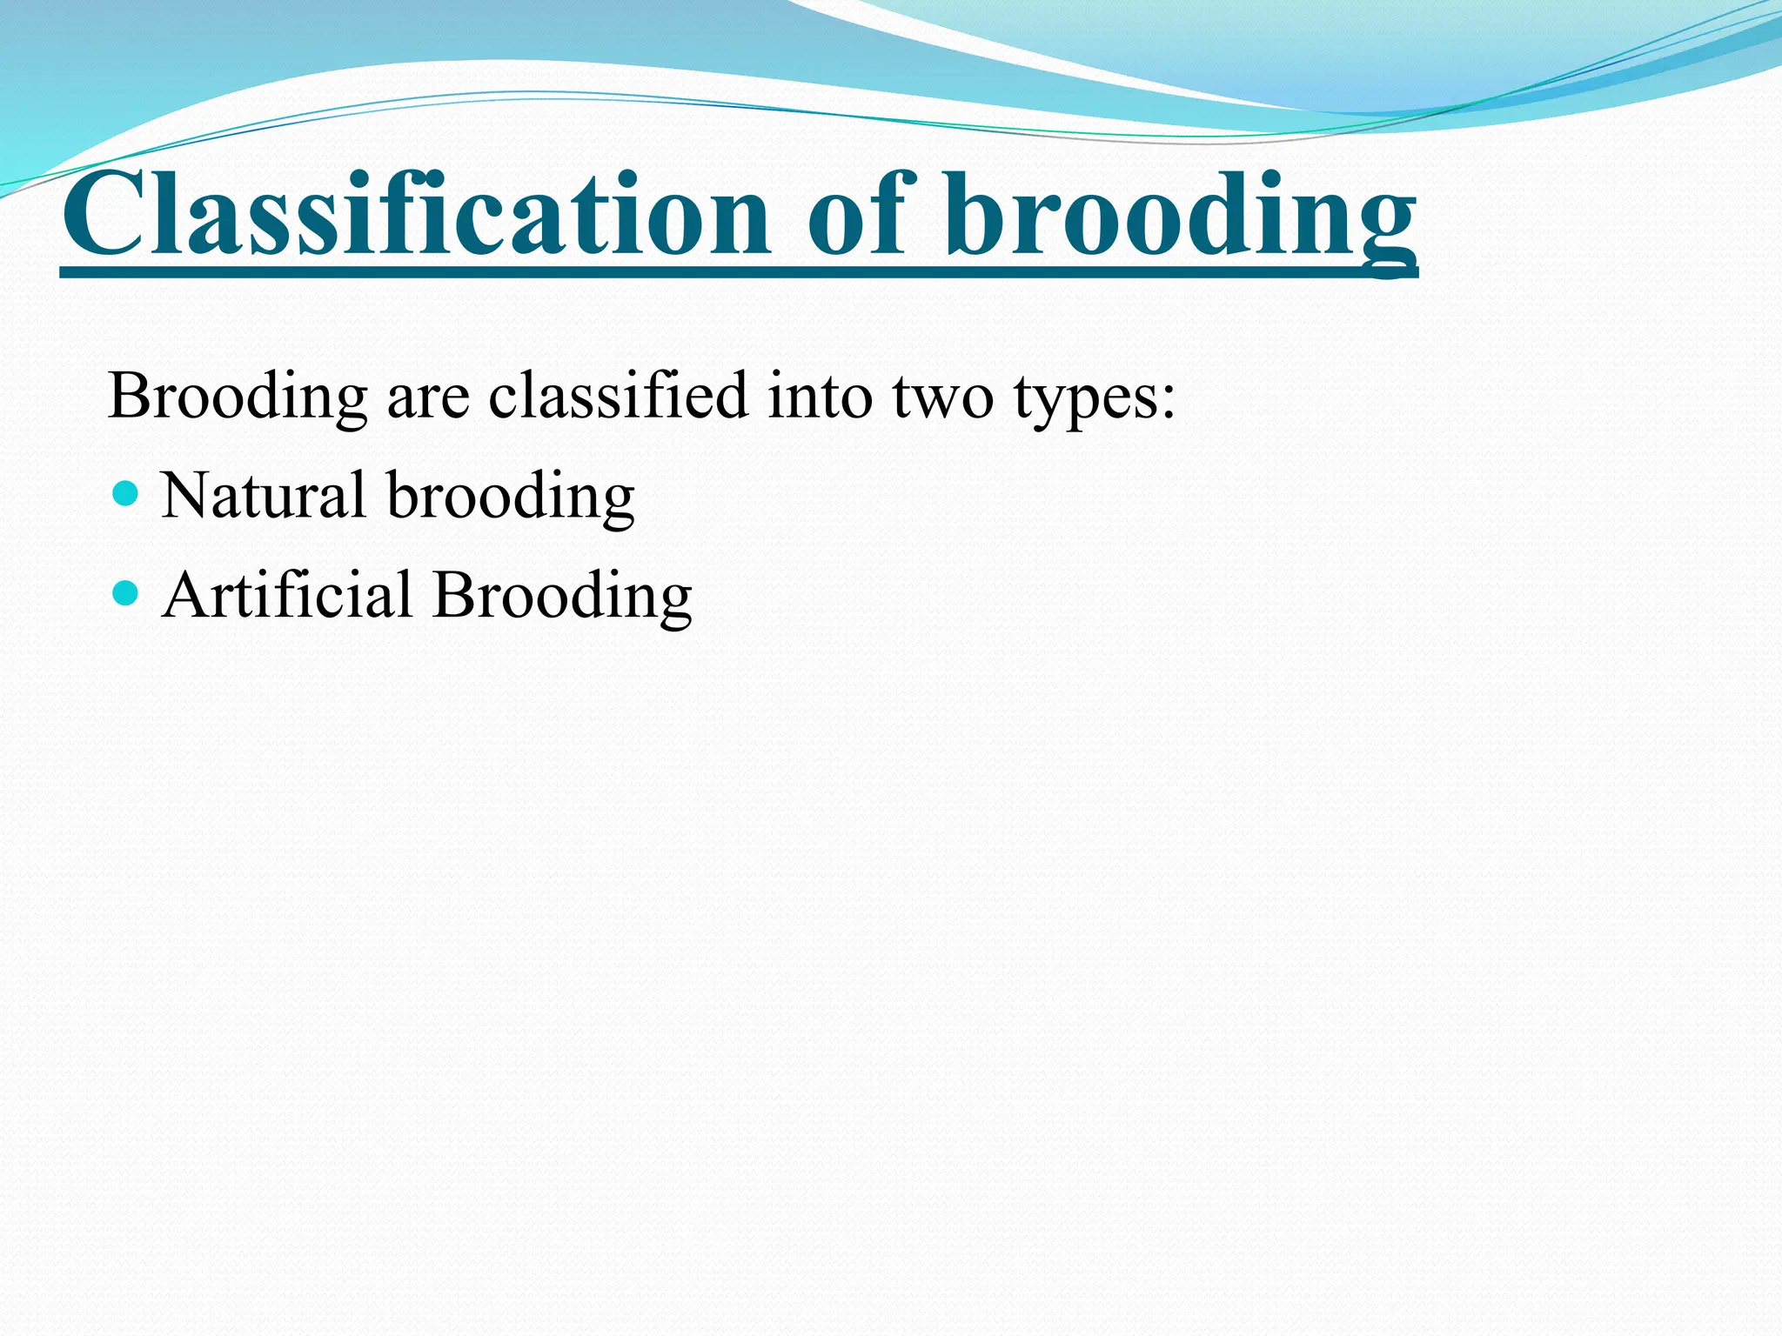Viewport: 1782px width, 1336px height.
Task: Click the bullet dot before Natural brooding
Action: click(x=126, y=494)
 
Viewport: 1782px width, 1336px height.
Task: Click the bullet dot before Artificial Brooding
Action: click(x=126, y=594)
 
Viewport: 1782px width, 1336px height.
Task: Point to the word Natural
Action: click(x=263, y=496)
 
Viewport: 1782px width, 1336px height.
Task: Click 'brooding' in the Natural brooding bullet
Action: click(x=511, y=498)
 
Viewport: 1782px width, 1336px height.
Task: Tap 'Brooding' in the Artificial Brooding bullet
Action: click(x=562, y=597)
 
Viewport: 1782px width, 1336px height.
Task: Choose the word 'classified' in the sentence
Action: click(x=618, y=396)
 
